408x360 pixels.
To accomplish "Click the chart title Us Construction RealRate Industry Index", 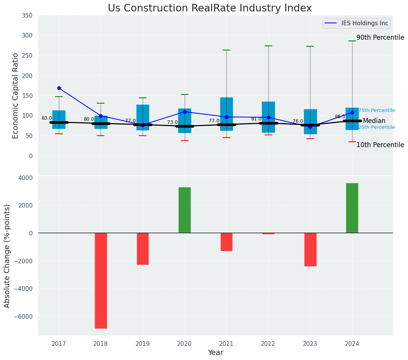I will tap(210, 8).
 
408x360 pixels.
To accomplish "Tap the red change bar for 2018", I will tap(101, 281).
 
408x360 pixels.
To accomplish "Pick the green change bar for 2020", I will tap(185, 210).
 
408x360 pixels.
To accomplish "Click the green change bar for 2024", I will tap(352, 208).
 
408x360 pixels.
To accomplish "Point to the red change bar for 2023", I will tap(310, 249).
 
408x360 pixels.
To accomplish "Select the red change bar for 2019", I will tap(143, 248).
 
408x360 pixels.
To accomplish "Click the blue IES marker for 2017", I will tap(59, 88).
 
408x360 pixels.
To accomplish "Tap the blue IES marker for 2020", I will tap(185, 112).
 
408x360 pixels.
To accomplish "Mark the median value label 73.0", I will tap(172, 123).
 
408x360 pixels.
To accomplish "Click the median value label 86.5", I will tap(340, 117).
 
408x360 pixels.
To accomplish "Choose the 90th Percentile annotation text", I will tap(380, 38).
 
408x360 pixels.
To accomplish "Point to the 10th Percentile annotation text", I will tap(380, 145).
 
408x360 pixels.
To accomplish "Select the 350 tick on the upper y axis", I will tap(27, 16).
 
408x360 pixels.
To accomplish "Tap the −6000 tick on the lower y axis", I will tap(23, 316).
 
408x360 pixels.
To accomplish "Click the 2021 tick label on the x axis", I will tap(226, 344).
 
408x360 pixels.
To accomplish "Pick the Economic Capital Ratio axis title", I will tap(16, 96).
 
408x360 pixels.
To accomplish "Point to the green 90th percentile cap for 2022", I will tap(268, 46).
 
